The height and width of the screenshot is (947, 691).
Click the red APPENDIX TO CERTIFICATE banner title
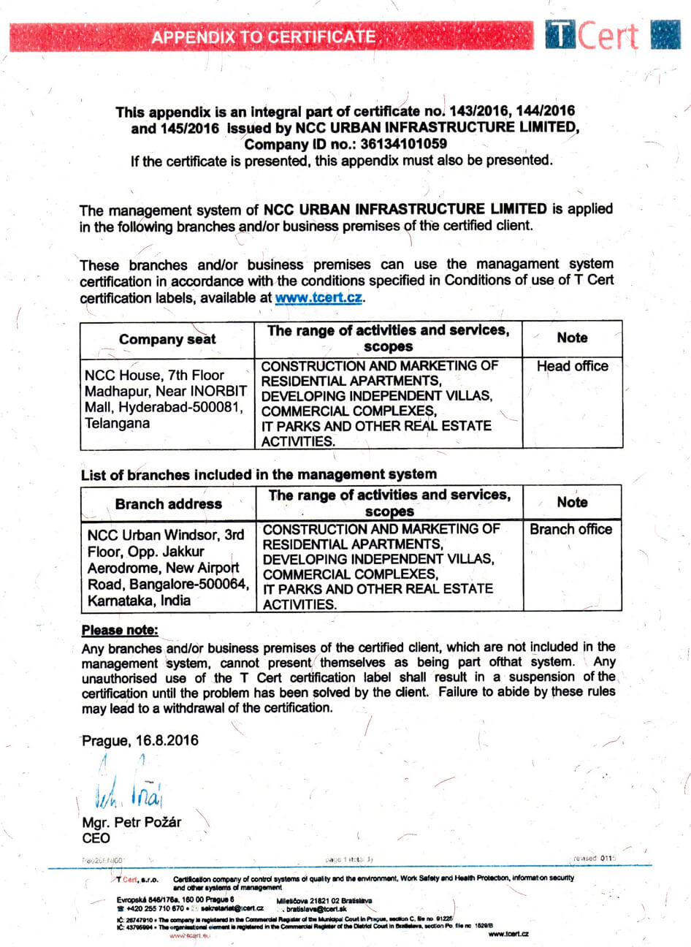(264, 37)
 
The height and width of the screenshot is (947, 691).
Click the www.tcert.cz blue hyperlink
(318, 298)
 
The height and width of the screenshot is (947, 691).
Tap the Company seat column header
(167, 339)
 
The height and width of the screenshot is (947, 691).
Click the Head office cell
(572, 366)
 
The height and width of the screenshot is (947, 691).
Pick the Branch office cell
(571, 529)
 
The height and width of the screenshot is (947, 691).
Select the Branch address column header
(168, 503)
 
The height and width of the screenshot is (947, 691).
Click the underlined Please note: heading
(120, 630)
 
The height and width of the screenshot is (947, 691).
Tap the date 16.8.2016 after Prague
(167, 740)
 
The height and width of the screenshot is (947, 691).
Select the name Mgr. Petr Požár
(131, 822)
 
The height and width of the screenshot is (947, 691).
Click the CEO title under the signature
(96, 838)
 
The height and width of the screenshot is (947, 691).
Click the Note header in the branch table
(572, 502)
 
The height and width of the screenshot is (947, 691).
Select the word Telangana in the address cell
(117, 423)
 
